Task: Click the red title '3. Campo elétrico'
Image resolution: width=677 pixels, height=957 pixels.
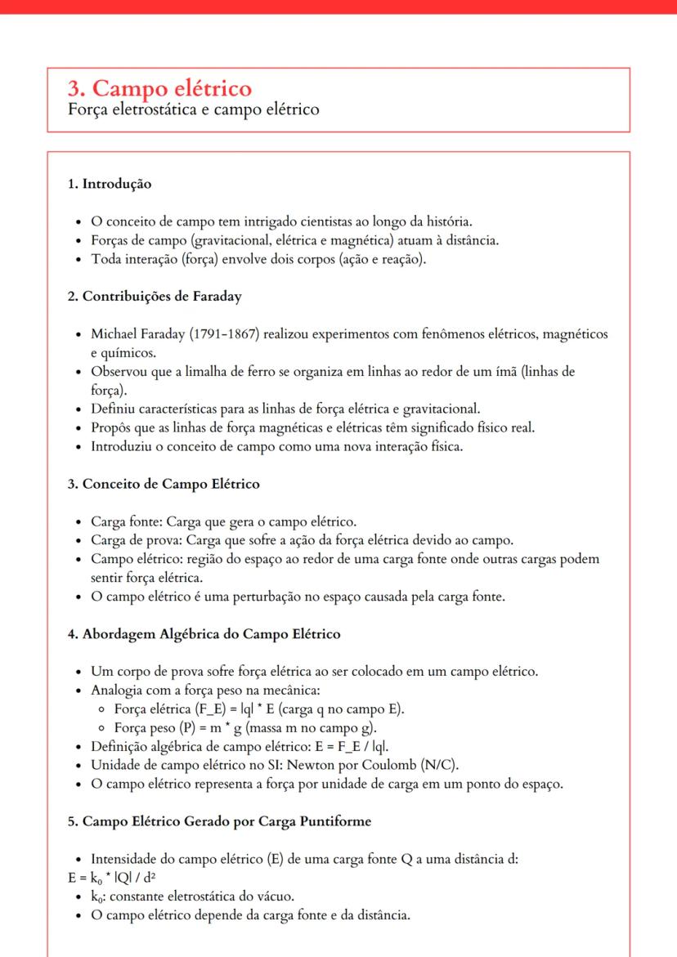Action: tap(159, 88)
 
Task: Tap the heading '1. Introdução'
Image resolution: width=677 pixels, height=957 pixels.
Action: tap(109, 184)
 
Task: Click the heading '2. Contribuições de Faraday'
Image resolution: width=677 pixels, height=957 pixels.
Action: tap(154, 297)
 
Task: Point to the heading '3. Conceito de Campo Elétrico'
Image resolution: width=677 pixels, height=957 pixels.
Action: tap(164, 484)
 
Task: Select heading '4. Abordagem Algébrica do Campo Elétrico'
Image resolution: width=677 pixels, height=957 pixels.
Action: tap(204, 634)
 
